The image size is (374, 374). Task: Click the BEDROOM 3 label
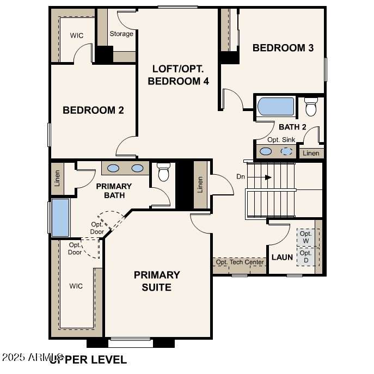[x=283, y=48]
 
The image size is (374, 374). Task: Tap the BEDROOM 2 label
[x=93, y=110]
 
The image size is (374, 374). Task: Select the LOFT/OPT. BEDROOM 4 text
[x=177, y=75]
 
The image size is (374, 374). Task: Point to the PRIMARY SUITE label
[x=157, y=281]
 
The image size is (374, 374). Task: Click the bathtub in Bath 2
[x=276, y=107]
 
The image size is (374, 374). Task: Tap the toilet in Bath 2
[x=311, y=107]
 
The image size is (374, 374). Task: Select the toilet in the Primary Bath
[x=163, y=173]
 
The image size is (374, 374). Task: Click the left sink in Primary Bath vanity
[x=114, y=168]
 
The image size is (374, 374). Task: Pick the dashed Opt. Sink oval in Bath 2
[x=287, y=151]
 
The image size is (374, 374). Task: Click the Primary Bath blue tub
[x=60, y=217]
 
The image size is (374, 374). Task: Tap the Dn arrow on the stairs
[x=267, y=177]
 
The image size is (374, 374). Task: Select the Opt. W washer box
[x=305, y=237]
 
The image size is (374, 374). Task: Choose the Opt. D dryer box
[x=305, y=256]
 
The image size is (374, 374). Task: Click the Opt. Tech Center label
[x=240, y=262]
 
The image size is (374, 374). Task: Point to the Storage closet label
[x=121, y=34]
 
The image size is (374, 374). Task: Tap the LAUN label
[x=282, y=257]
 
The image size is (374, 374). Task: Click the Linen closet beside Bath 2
[x=311, y=154]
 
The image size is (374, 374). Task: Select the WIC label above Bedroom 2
[x=77, y=35]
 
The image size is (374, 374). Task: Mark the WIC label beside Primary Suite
[x=76, y=286]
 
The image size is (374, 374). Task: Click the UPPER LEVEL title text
[x=89, y=359]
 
